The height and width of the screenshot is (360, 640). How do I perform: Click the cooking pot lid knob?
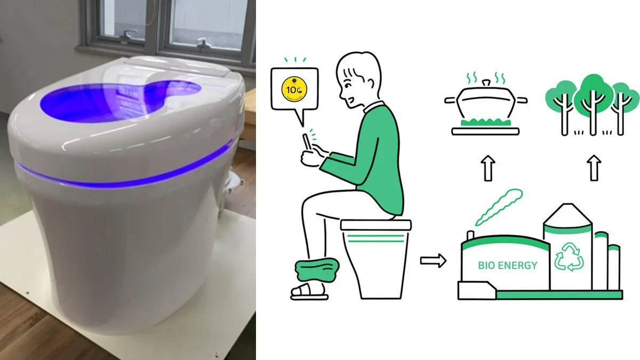tap(485, 82)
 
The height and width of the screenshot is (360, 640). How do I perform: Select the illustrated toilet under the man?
tap(375, 256)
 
